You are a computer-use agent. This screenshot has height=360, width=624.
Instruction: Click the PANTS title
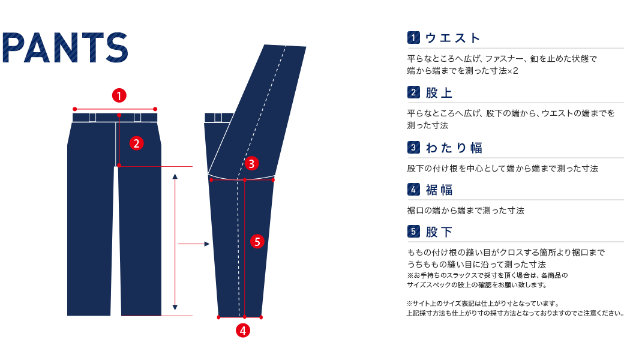click(x=66, y=47)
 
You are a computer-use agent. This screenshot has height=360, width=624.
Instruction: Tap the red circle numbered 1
click(x=119, y=95)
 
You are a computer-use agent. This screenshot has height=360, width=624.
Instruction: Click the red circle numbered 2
click(x=137, y=143)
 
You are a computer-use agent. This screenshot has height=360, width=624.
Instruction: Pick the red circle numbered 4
click(x=242, y=330)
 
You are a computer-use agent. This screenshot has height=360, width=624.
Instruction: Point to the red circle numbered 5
click(x=257, y=242)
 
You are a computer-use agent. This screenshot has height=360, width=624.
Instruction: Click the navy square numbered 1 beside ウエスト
click(x=413, y=38)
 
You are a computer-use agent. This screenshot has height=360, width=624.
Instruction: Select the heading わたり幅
click(x=454, y=148)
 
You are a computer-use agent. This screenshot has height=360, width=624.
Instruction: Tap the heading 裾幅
click(x=439, y=190)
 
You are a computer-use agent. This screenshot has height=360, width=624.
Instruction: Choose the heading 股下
click(x=439, y=232)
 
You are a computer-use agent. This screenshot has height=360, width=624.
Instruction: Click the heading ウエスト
click(x=453, y=38)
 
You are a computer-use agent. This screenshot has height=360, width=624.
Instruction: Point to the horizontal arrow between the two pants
click(x=194, y=244)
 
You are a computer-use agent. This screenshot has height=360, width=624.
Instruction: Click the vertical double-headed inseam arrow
click(x=175, y=240)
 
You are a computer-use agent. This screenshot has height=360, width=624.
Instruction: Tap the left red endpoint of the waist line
click(x=74, y=109)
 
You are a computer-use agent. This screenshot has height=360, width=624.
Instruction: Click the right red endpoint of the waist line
click(x=155, y=109)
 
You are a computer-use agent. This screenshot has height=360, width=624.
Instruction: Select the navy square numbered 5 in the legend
click(x=413, y=232)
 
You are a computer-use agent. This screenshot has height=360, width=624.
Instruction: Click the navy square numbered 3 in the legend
click(x=413, y=147)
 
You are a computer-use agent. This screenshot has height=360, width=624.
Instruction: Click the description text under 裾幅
click(x=466, y=211)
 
